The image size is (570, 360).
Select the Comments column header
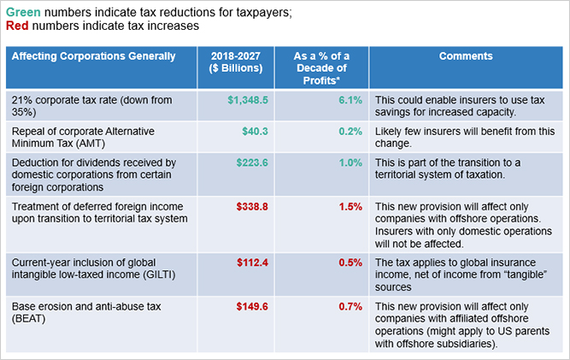466,56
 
